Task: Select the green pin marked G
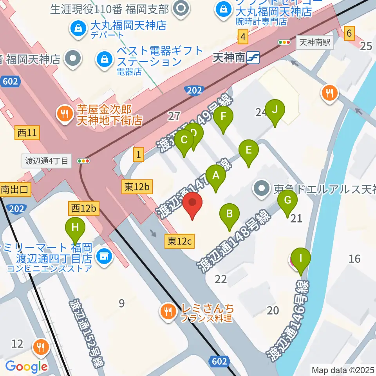point(287,201)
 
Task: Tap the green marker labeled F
point(224,117)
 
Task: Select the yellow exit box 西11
point(27,133)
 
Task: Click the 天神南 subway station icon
point(253,58)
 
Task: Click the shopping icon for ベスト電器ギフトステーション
point(105,59)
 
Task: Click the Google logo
point(26,367)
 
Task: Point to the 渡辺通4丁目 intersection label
point(47,161)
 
